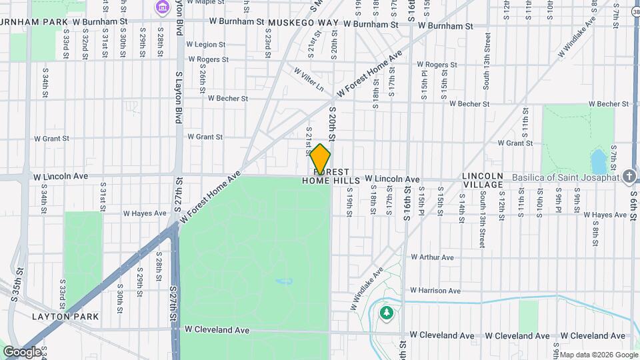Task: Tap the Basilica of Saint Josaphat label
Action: click(566, 177)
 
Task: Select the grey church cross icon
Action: click(629, 177)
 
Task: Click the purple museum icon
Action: click(162, 7)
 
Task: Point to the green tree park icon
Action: click(386, 313)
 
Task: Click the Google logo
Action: click(21, 351)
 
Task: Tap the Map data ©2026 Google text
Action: click(599, 354)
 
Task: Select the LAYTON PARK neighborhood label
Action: click(65, 317)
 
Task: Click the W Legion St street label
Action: click(207, 45)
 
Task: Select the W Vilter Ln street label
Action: click(309, 78)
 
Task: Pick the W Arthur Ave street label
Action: click(432, 257)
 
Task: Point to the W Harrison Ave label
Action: click(435, 291)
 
